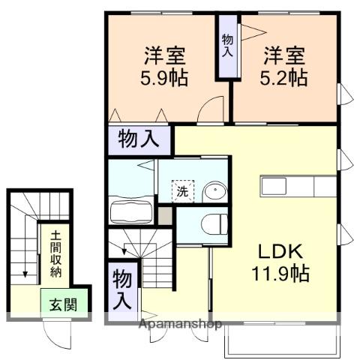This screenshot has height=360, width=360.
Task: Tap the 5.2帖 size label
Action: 284,77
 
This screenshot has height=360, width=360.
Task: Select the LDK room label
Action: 277,251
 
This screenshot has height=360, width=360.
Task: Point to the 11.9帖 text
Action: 279,273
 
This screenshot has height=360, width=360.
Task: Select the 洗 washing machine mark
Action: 183,190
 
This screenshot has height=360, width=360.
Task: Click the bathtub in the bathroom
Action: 131,211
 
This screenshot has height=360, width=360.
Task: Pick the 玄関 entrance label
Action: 63,305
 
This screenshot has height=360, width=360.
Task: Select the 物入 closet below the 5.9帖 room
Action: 139,140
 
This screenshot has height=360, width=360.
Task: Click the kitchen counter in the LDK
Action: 298,185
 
